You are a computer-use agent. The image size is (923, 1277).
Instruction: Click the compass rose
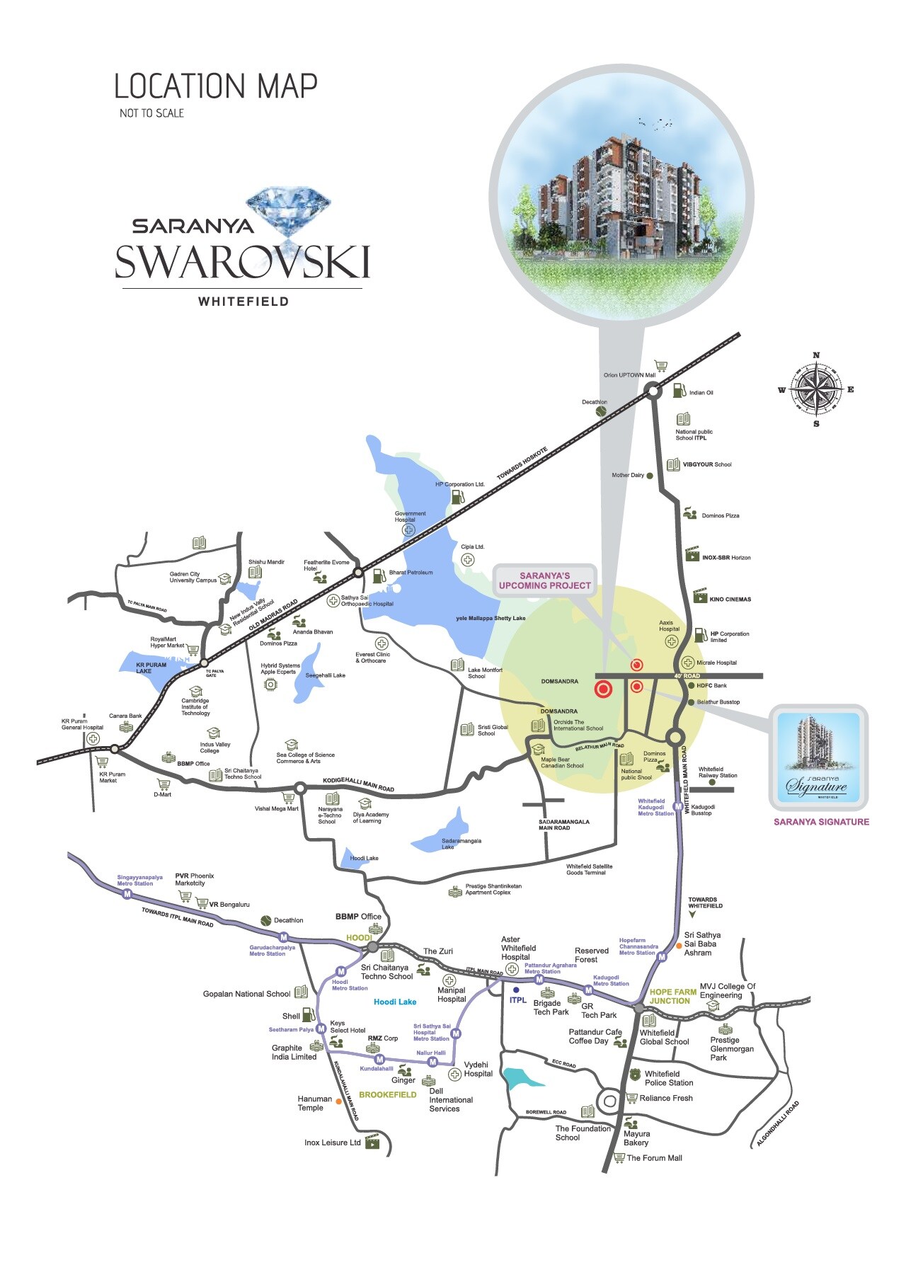click(x=816, y=389)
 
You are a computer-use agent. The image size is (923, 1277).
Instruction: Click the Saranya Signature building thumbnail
click(x=818, y=757)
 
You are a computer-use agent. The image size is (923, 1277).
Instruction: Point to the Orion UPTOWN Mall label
click(x=629, y=375)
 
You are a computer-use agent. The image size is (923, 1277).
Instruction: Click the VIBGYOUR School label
click(x=706, y=465)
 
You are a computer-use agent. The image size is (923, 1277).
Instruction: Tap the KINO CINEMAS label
click(x=730, y=600)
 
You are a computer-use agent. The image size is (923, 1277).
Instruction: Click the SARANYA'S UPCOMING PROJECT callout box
click(x=544, y=581)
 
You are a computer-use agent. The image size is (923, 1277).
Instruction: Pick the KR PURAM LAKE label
click(x=151, y=668)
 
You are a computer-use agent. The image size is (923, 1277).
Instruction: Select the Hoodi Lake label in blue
click(x=395, y=1002)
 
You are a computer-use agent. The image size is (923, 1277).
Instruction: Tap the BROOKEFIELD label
click(x=387, y=1094)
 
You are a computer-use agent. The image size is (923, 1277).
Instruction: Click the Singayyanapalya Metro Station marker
click(x=127, y=894)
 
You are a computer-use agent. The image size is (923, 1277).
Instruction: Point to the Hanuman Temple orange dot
click(x=339, y=1101)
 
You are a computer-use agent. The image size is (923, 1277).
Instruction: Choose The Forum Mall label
click(x=654, y=1158)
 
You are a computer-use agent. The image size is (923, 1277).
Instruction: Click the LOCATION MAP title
click(x=216, y=86)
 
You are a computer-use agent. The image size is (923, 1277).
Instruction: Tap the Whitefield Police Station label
click(x=668, y=1078)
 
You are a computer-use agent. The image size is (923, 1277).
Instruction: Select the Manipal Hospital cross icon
click(x=449, y=980)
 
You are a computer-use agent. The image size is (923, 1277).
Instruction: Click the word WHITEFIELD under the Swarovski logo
click(x=243, y=302)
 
